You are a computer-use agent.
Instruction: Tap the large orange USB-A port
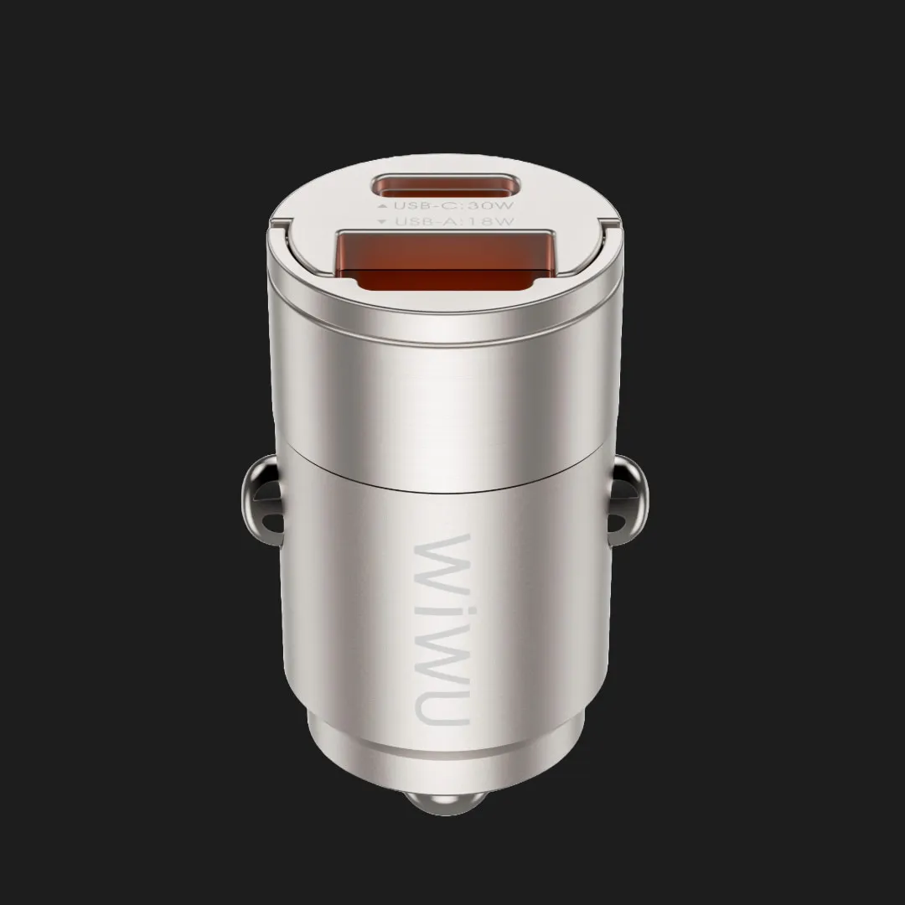click(x=445, y=260)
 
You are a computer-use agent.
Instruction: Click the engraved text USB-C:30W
click(x=453, y=205)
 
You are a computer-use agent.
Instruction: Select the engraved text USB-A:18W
click(x=454, y=221)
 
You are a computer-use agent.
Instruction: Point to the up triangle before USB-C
click(x=381, y=205)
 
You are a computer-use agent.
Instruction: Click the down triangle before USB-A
click(x=381, y=221)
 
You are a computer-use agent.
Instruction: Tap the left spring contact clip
click(x=261, y=499)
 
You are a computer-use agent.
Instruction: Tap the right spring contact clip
click(x=628, y=499)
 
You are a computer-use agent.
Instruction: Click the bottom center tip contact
click(x=444, y=802)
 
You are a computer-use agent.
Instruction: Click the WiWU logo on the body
click(x=443, y=629)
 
